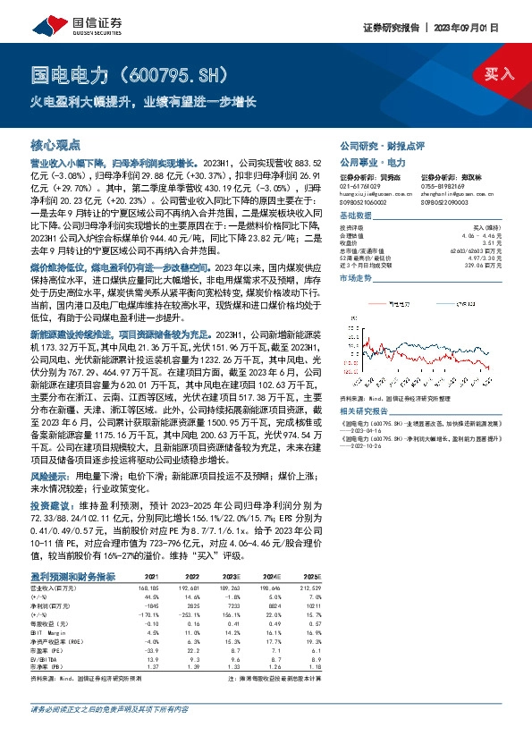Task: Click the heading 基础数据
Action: pos(355,218)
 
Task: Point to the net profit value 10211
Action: pos(312,606)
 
